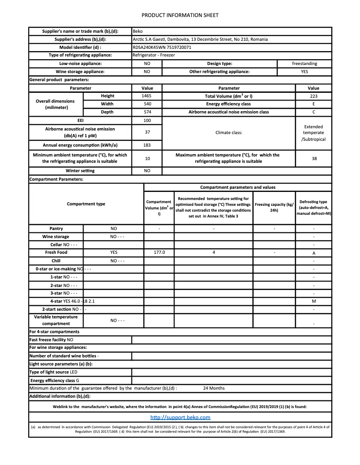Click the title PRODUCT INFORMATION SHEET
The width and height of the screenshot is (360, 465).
(180, 15)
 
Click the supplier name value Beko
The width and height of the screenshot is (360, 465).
(138, 31)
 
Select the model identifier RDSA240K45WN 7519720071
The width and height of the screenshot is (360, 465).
(162, 47)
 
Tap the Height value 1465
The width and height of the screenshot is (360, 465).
(147, 96)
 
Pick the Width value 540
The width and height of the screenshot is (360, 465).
(147, 104)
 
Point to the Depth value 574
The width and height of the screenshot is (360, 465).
(147, 112)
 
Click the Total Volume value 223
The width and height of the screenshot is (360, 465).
(313, 96)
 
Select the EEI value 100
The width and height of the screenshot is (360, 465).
(147, 121)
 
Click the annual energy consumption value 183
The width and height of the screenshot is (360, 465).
(147, 145)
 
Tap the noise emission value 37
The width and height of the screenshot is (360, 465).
(147, 132)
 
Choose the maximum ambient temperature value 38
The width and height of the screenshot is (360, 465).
(313, 158)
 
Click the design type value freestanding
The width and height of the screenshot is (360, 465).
(304, 64)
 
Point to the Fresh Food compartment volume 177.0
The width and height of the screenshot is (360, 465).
(159, 252)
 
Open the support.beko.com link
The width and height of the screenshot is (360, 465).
(180, 417)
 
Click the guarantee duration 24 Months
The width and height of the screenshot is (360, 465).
(214, 388)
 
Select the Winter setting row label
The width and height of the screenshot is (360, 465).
(80, 171)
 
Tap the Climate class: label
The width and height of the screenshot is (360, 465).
(229, 133)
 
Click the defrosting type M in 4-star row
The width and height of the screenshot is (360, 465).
(313, 301)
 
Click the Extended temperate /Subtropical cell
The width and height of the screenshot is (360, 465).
(313, 133)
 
